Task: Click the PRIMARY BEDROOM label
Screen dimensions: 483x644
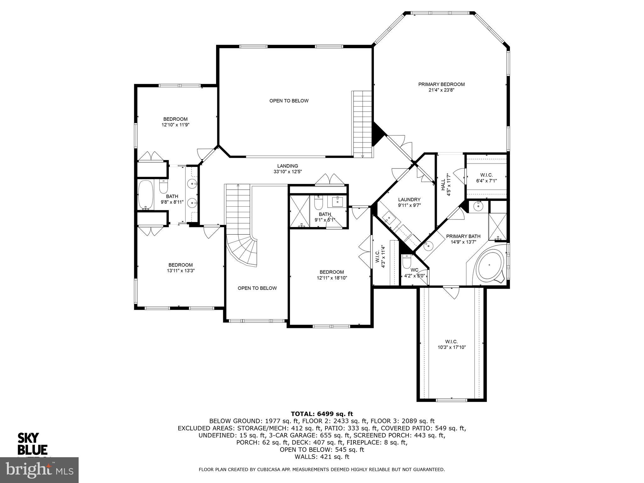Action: [441, 84]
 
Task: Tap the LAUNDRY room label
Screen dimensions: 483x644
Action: [409, 199]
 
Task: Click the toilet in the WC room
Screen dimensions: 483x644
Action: [407, 260]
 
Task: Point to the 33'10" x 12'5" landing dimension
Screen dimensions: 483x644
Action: [287, 172]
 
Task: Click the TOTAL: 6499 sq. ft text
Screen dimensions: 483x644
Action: [322, 414]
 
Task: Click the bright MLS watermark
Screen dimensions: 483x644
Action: [39, 470]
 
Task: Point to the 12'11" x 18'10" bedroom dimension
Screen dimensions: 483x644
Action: [332, 278]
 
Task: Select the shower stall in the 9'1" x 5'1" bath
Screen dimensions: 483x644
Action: [299, 211]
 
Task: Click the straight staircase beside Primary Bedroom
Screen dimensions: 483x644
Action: [362, 124]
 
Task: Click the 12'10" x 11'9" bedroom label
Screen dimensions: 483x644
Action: [175, 122]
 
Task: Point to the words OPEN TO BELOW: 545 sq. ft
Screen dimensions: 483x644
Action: [322, 450]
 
